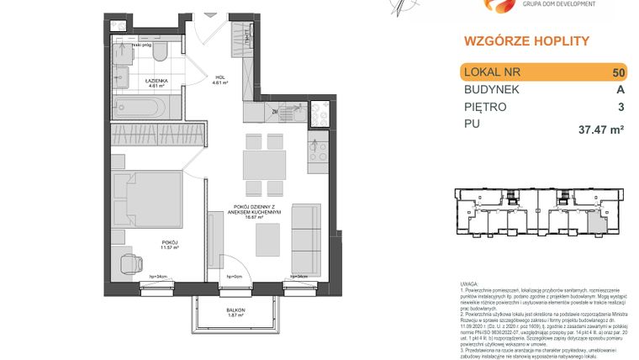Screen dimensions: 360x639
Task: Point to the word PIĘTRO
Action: (x=485, y=108)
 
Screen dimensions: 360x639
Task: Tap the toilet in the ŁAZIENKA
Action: (x=161, y=53)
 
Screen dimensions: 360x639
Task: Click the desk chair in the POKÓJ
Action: (x=130, y=262)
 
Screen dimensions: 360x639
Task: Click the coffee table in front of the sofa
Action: (x=267, y=239)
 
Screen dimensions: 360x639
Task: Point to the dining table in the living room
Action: (x=263, y=161)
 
